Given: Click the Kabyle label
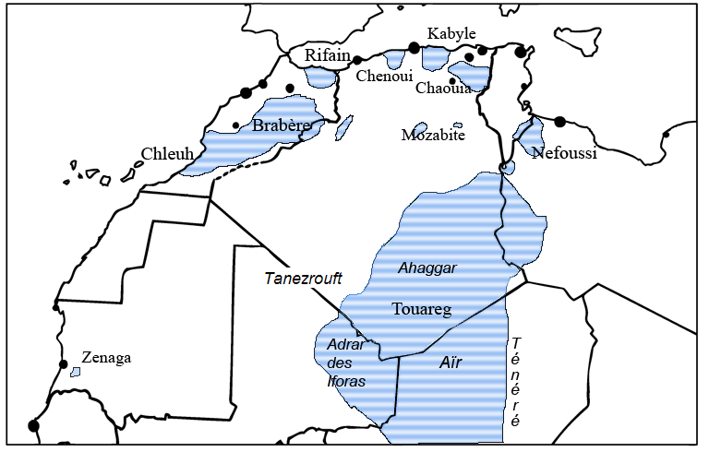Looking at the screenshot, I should tap(451, 33).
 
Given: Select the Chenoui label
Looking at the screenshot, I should tap(385, 77).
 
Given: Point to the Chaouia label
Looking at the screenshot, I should tap(444, 89).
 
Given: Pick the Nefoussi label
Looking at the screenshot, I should tap(565, 153).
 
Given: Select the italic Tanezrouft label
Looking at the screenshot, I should tap(304, 278).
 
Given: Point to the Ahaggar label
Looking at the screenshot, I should tap(427, 268).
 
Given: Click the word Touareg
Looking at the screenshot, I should tap(421, 309).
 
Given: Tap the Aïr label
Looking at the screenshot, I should tap(450, 363).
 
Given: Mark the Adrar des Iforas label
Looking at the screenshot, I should tap(347, 363).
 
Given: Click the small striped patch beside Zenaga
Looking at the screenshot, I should tap(76, 373).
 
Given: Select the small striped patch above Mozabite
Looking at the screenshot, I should tap(419, 128).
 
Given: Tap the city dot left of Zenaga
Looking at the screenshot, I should tap(64, 364).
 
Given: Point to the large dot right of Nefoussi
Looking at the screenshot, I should tap(559, 122).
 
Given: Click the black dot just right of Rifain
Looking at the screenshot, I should tap(357, 60).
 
